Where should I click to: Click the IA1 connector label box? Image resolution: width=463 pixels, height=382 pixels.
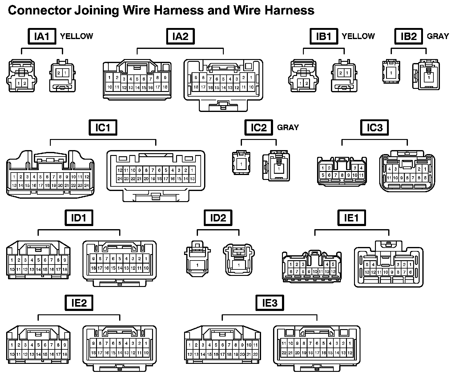click(x=42, y=36)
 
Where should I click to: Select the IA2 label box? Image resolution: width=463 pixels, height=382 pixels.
click(x=180, y=36)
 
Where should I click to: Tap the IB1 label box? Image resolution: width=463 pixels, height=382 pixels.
click(x=324, y=36)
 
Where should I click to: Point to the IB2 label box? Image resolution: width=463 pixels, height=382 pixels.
click(x=409, y=36)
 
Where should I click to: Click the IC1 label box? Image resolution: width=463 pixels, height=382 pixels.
click(x=103, y=127)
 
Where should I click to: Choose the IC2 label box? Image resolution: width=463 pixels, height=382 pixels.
click(x=259, y=127)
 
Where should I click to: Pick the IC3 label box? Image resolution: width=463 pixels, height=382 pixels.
click(x=374, y=127)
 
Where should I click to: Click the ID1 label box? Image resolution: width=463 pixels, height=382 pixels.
click(x=79, y=218)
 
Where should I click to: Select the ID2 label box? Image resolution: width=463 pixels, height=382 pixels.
click(x=218, y=218)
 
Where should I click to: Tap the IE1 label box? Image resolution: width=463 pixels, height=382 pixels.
click(x=351, y=218)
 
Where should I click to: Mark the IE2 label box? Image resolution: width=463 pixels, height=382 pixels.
click(x=79, y=303)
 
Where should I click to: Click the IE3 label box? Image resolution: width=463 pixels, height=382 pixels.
click(x=270, y=303)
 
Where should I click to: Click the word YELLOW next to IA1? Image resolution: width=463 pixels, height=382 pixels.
click(x=76, y=36)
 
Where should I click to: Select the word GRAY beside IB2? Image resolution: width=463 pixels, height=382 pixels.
click(x=438, y=36)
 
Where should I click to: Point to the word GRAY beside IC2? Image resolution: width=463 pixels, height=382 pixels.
click(x=288, y=127)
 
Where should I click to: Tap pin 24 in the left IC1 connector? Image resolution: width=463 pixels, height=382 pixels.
click(x=87, y=185)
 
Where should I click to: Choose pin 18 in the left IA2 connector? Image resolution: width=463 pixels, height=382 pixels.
click(x=165, y=87)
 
